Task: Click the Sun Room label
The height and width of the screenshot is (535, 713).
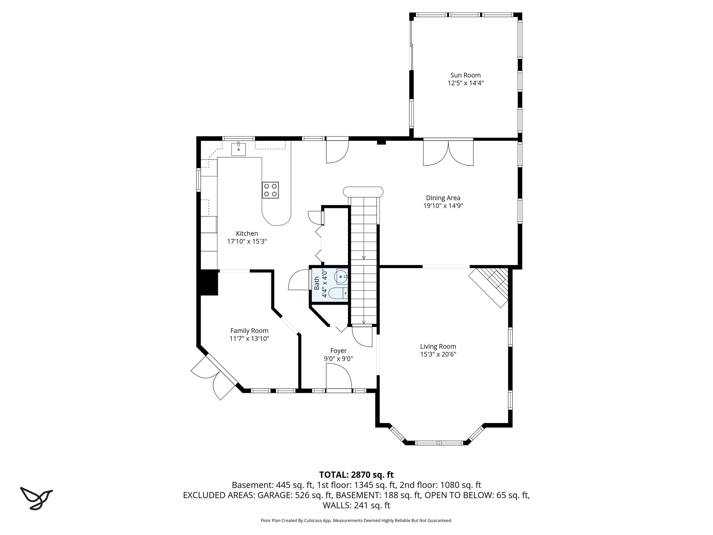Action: [x=465, y=75]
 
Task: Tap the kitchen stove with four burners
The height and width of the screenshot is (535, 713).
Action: [x=270, y=190]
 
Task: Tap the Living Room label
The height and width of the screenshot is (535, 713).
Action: [x=438, y=346]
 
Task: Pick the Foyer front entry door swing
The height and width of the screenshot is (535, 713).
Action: [x=338, y=377]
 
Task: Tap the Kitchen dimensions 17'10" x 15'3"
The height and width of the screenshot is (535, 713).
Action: [x=247, y=241]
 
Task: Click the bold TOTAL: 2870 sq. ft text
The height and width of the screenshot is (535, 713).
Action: [x=356, y=475]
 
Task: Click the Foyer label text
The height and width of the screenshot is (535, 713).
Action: [x=338, y=351]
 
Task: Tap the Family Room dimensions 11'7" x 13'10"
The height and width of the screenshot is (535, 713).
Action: [x=249, y=339]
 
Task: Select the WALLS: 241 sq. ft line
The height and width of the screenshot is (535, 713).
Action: [x=356, y=505]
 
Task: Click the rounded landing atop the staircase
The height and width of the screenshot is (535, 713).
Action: [x=363, y=192]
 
